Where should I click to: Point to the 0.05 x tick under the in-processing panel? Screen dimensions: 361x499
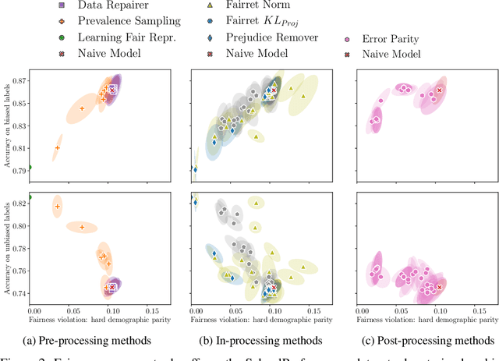point(234,309)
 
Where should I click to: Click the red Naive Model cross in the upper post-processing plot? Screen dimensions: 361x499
point(438,90)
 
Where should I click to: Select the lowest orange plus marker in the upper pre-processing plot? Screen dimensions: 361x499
point(57,147)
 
